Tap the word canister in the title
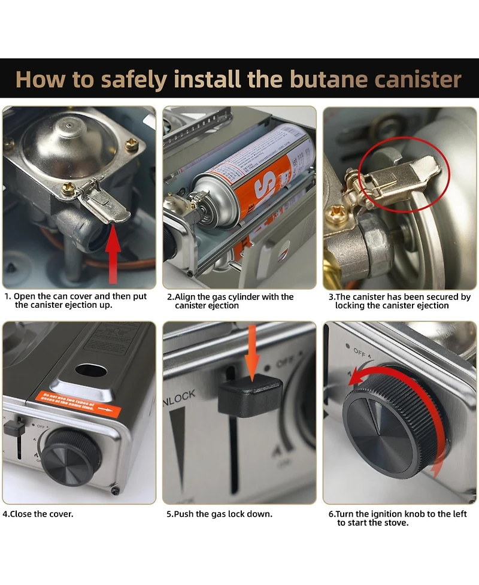click(414, 79)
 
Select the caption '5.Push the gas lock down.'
click(219, 514)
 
